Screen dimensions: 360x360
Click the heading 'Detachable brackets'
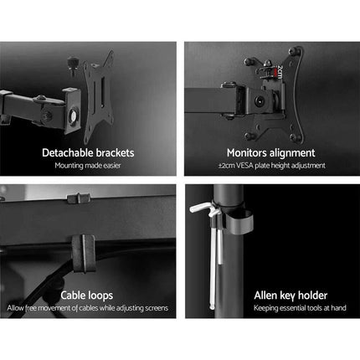pyautogui.click(x=88, y=153)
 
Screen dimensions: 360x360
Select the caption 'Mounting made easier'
pyautogui.click(x=88, y=165)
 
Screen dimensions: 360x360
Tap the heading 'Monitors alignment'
pyautogui.click(x=271, y=153)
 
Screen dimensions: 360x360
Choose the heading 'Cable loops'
pyautogui.click(x=88, y=296)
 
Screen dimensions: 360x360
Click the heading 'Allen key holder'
pyautogui.click(x=271, y=296)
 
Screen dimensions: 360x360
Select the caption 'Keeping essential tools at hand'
pyautogui.click(x=271, y=308)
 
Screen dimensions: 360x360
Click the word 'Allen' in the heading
pyautogui.click(x=244, y=296)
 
